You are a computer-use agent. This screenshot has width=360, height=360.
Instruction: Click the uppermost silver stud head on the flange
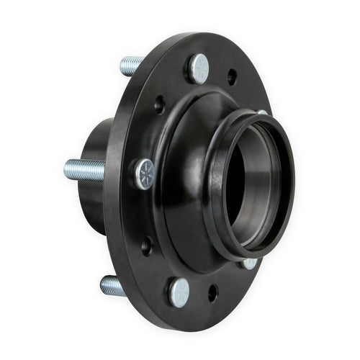(199, 68)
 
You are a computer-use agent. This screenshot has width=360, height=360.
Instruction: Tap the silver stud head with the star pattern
(145, 174)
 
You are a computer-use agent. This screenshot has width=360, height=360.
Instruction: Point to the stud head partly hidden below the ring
(248, 264)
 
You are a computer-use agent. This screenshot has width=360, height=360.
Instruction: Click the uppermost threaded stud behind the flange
(131, 66)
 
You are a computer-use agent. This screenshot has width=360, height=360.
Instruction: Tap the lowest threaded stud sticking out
(113, 285)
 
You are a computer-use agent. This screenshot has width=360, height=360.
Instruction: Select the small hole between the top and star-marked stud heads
(160, 106)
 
